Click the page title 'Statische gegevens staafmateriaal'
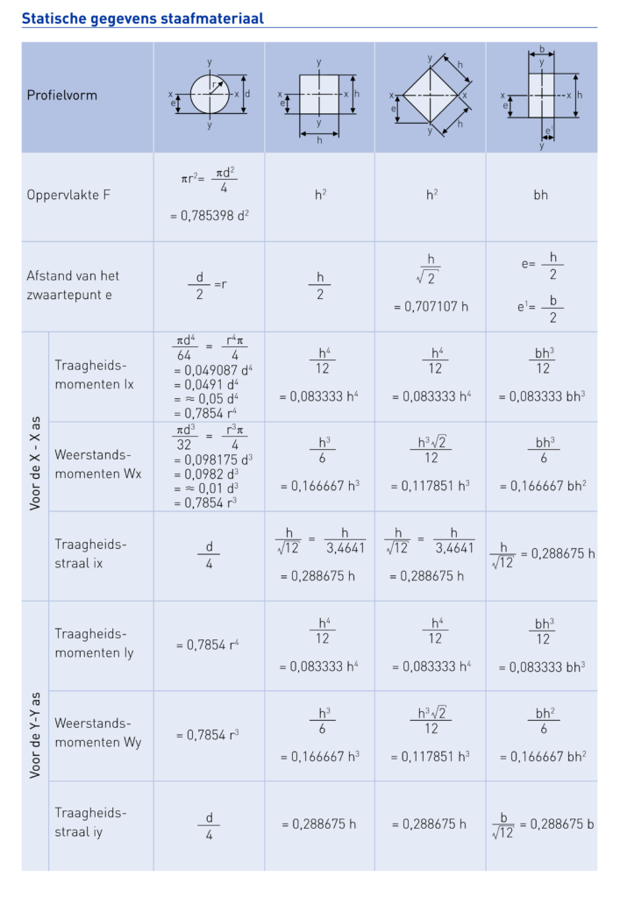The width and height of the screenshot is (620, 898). point(142,18)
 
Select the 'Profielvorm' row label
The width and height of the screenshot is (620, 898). point(61,95)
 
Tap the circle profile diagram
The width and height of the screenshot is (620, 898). point(210,94)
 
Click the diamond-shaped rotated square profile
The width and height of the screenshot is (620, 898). point(430,95)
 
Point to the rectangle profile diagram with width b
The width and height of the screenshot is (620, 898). point(542,95)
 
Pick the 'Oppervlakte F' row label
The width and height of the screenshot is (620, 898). point(69,194)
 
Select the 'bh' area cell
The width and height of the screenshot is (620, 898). point(541,195)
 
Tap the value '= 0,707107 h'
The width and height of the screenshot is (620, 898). point(431,307)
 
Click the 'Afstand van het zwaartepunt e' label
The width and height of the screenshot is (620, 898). point(73,285)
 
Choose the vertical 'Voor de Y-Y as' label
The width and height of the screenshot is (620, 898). point(35,735)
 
